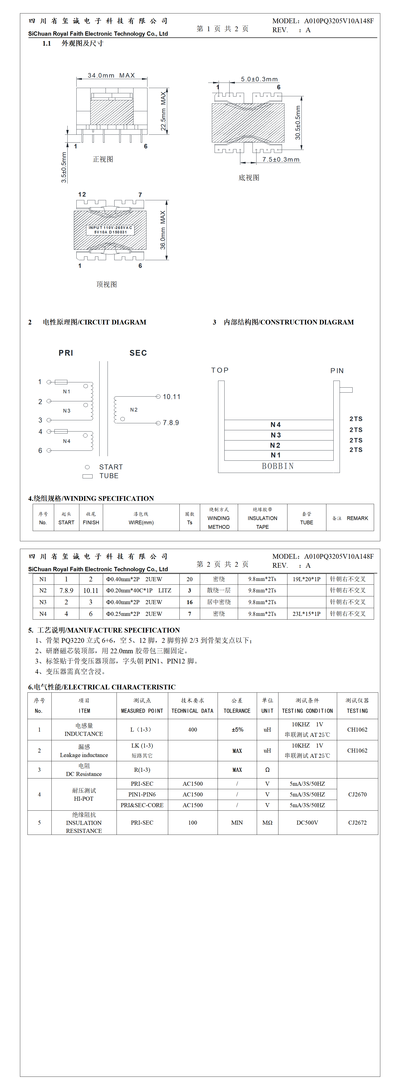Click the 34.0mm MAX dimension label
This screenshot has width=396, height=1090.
[111, 75]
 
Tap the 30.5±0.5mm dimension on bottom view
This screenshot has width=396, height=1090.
[298, 123]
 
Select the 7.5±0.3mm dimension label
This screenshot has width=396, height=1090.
[280, 160]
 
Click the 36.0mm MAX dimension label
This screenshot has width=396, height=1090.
[163, 230]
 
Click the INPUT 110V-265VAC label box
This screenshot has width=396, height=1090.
[110, 230]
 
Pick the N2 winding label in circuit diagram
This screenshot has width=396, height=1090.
[134, 410]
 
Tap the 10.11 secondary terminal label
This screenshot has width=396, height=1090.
[171, 397]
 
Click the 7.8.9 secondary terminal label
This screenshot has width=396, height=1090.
[171, 423]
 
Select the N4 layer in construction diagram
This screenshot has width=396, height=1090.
[276, 425]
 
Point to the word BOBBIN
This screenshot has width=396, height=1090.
[277, 466]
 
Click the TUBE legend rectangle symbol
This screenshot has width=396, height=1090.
[88, 476]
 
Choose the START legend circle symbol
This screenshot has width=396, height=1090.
[87, 467]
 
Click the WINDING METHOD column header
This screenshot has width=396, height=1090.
[219, 518]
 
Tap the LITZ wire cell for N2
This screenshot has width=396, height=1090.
[138, 590]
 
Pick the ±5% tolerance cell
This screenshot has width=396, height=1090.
[237, 730]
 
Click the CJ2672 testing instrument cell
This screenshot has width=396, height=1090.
[357, 823]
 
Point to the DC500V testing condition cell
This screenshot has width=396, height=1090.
[307, 823]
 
